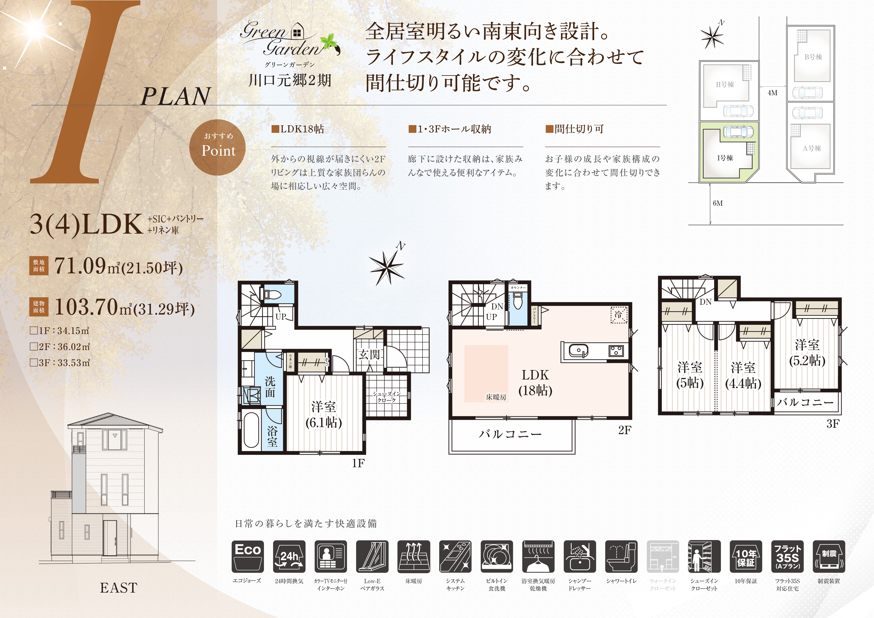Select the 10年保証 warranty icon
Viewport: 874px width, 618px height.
pos(746,556)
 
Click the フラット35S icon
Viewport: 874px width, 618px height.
pos(787,556)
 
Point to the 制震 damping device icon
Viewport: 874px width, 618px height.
pos(829,556)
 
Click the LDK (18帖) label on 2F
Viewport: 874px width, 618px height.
pos(535,383)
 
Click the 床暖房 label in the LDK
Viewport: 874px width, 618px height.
pos(496,397)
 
